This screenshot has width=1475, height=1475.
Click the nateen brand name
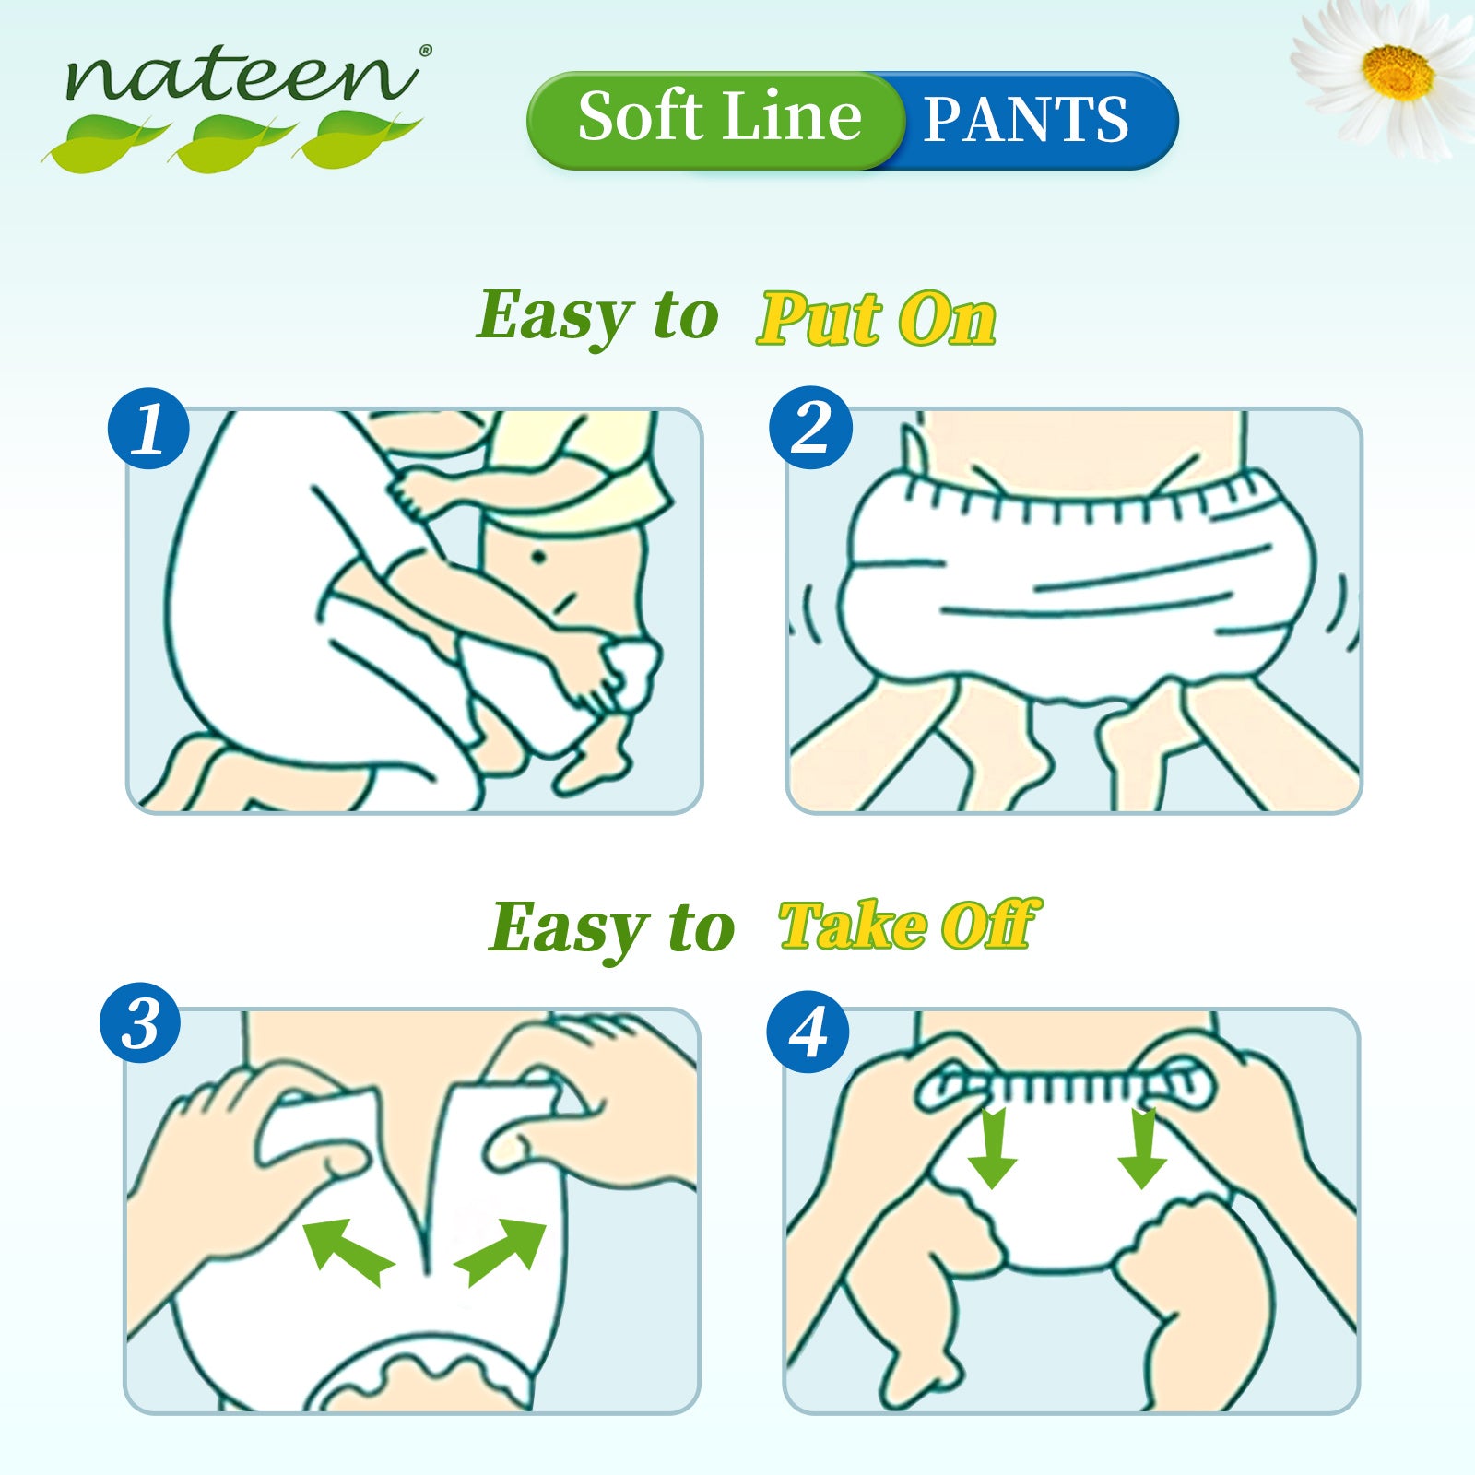[242, 76]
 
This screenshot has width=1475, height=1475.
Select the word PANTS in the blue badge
[1025, 120]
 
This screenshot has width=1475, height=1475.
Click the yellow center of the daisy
[1398, 72]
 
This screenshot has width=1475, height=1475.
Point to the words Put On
[877, 320]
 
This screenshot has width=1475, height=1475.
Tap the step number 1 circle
[148, 428]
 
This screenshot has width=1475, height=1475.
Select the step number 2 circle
[810, 428]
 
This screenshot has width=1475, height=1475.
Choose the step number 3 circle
[141, 1022]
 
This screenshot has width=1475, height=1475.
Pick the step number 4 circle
[808, 1032]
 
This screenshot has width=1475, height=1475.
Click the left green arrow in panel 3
[348, 1249]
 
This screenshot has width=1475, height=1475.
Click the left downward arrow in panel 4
[992, 1149]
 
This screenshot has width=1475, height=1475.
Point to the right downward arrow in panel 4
[1143, 1149]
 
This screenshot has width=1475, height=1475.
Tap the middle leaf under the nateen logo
[232, 142]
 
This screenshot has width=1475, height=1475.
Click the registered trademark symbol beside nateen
[425, 52]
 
